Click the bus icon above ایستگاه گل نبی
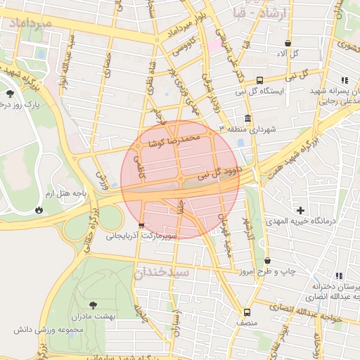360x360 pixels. tap(260, 80)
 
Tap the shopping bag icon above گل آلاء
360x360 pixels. tap(288, 42)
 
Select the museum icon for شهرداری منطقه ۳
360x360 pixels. tap(247, 118)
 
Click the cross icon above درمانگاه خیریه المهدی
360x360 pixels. tap(301, 210)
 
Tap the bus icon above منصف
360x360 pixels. tap(247, 312)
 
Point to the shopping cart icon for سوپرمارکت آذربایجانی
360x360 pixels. tap(142, 226)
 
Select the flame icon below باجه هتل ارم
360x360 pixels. tap(38, 209)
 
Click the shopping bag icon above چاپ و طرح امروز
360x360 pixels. tap(266, 259)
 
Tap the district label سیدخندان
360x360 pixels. tap(162, 271)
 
